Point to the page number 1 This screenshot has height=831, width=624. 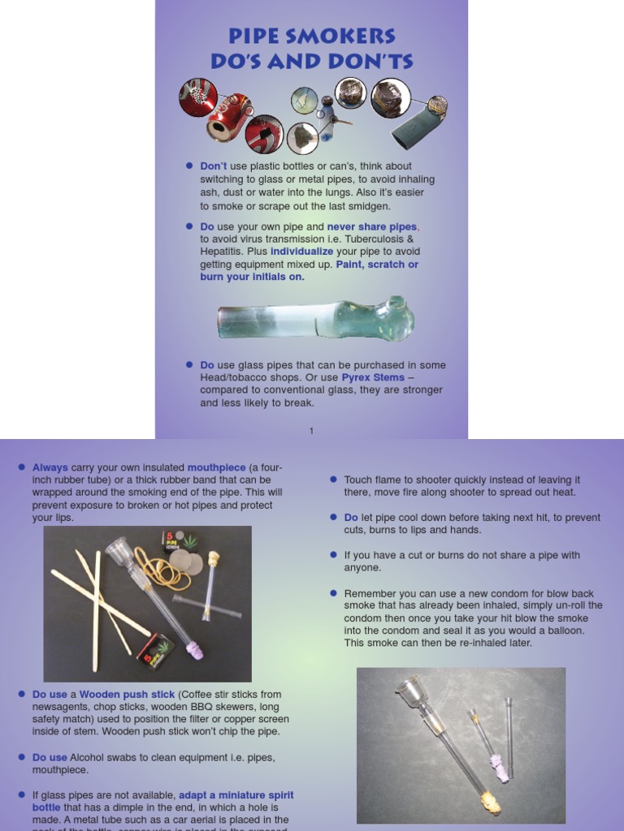(x=311, y=431)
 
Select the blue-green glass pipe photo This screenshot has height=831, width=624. (x=315, y=319)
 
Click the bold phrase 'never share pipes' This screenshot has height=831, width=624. (x=372, y=227)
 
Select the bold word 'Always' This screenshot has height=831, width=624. (x=50, y=467)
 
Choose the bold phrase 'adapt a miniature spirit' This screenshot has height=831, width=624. (x=236, y=794)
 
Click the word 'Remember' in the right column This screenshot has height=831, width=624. (x=370, y=593)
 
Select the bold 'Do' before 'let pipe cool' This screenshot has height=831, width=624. (x=351, y=518)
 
